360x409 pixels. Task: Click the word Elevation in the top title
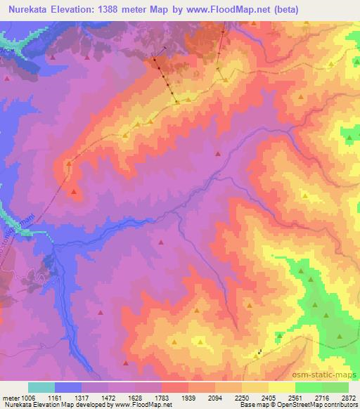[x=77, y=10]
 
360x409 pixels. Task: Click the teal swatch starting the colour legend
[x=41, y=387]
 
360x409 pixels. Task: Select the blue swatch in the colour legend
[x=68, y=387]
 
